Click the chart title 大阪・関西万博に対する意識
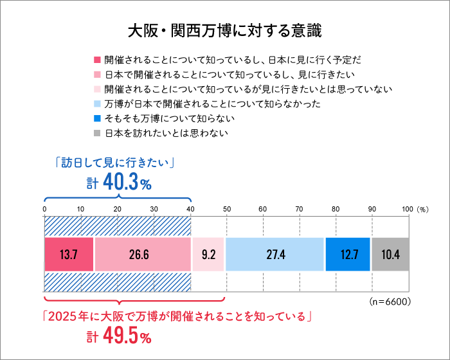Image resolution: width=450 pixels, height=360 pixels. (x=225, y=30)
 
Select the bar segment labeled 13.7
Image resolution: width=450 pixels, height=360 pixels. (x=69, y=254)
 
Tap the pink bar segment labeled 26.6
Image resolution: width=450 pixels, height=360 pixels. (x=143, y=254)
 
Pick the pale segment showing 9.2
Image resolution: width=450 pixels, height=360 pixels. (x=208, y=254)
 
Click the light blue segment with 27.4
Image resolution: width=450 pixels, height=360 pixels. (x=275, y=254)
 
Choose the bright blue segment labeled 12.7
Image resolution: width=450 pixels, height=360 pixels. (x=348, y=254)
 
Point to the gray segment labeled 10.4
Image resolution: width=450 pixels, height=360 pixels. (x=390, y=254)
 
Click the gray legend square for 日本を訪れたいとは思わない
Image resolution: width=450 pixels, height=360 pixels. (x=97, y=134)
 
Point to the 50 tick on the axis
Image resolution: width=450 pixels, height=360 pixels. (x=226, y=209)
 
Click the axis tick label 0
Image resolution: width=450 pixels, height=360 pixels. (x=44, y=209)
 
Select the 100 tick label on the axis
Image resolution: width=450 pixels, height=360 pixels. (x=407, y=209)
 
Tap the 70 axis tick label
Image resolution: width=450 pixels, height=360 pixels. (x=299, y=209)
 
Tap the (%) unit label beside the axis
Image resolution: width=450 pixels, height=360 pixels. (x=422, y=209)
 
